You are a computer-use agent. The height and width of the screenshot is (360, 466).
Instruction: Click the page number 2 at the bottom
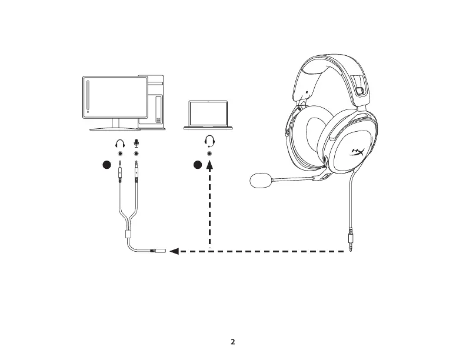coord(233,342)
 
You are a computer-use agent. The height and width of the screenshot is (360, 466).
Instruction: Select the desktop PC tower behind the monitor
coord(154,100)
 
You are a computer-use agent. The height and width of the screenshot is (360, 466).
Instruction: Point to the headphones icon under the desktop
coord(120,144)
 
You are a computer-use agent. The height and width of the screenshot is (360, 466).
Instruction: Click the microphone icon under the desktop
coord(137,144)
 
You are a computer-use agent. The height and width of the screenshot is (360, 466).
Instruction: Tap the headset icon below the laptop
coord(209,141)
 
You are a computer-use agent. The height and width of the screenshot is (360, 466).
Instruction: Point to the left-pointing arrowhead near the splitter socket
coord(174,252)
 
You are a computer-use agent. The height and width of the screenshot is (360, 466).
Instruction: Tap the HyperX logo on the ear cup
coord(357,152)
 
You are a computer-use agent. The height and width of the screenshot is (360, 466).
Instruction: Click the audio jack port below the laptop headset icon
coord(209,153)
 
